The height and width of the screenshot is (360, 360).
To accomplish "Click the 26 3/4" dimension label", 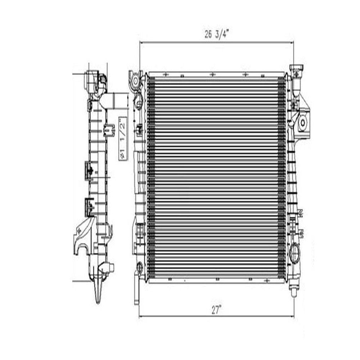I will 217,35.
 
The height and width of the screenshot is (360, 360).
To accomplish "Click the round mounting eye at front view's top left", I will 136,81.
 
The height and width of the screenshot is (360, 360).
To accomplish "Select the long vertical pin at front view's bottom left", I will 137,288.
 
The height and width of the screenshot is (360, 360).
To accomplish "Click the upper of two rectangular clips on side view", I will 89,169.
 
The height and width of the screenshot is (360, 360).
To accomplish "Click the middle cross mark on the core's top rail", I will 212,75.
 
